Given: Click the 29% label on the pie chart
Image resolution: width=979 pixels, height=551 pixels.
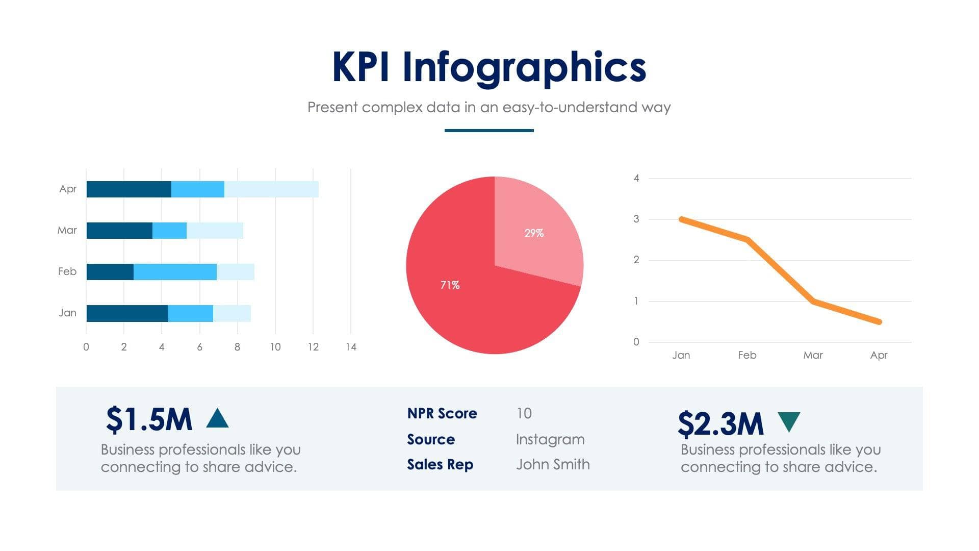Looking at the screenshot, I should tap(534, 233).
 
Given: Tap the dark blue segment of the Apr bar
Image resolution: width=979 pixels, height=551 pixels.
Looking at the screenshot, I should tap(128, 189).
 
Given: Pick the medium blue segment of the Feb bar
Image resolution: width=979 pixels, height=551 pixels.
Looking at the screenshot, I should tap(175, 272).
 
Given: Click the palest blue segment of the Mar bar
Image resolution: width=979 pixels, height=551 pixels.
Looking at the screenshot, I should tap(215, 231).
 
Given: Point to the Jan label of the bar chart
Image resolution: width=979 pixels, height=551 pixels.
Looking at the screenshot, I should tap(67, 313).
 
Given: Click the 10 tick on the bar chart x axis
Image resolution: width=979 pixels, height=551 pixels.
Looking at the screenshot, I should tap(275, 347).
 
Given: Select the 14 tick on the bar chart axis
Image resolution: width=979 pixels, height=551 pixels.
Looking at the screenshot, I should tap(351, 347).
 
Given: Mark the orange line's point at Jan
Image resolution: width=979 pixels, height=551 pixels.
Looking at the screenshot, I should tap(682, 219).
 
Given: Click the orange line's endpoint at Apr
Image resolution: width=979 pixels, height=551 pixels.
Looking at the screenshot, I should tap(879, 322).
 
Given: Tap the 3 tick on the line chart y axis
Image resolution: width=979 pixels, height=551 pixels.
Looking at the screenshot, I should tap(636, 219).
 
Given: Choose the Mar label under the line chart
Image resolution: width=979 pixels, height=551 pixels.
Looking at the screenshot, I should tap(813, 355).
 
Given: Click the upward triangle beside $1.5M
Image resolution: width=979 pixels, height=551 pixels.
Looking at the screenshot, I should tap(217, 418).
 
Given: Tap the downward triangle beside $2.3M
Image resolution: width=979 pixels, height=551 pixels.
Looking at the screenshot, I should tap(789, 421).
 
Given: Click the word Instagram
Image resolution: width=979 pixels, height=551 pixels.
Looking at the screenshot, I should tap(550, 439).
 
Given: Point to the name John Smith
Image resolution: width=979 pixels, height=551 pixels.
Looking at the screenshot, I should tap(553, 464).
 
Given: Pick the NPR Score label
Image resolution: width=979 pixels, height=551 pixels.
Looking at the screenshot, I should tap(442, 413).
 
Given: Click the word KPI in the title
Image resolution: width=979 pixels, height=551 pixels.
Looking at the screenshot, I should tap(361, 67).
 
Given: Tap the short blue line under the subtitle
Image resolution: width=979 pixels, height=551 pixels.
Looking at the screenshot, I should tap(489, 131).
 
